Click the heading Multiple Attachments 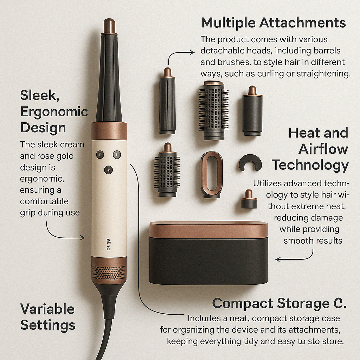273,23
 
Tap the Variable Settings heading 48,317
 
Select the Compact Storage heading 279,303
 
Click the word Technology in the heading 310,165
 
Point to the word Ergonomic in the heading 54,112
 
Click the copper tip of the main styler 109,26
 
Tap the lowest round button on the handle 108,170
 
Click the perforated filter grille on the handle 109,273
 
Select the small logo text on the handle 108,245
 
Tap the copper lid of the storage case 208,230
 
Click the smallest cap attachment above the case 249,199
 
